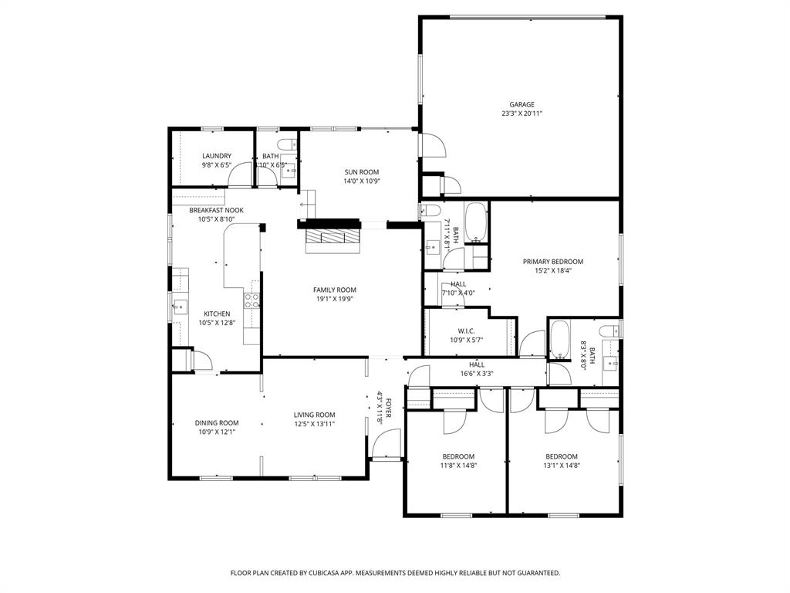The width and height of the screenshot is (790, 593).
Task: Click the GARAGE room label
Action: (x=522, y=104)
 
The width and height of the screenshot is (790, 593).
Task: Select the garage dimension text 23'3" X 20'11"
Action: (x=522, y=114)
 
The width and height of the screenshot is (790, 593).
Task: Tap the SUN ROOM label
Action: (x=362, y=172)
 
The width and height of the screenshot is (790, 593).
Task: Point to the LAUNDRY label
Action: (x=217, y=156)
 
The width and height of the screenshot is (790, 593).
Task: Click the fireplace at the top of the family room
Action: (x=331, y=237)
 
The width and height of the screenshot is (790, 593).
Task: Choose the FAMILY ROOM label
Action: (x=335, y=290)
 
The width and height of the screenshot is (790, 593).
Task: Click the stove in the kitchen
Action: (x=252, y=300)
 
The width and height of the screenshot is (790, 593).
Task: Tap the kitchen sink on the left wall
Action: (x=179, y=307)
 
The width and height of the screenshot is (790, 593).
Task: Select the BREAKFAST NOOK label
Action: (x=217, y=210)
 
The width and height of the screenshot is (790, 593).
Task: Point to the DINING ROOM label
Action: (x=217, y=422)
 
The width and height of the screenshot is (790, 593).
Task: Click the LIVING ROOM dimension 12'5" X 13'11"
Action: (x=314, y=423)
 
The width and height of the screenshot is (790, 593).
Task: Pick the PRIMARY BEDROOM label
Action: (x=553, y=262)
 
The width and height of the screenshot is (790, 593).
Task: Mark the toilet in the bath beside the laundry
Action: (x=286, y=144)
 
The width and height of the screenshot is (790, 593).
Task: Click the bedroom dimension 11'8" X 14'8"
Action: (x=458, y=465)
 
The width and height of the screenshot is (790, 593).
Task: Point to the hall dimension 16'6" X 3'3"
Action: (x=476, y=373)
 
